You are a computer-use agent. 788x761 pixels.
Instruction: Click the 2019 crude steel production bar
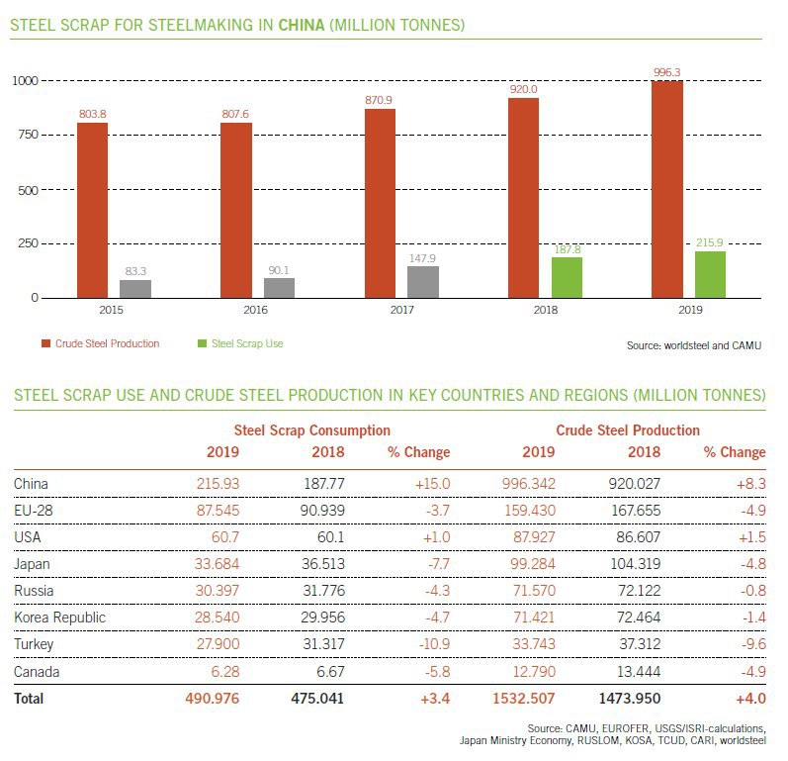point(667,188)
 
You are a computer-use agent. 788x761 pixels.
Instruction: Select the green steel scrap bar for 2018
point(567,276)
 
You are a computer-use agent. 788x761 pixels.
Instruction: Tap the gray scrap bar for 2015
point(135,288)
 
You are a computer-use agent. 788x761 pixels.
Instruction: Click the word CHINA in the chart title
point(303,23)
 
